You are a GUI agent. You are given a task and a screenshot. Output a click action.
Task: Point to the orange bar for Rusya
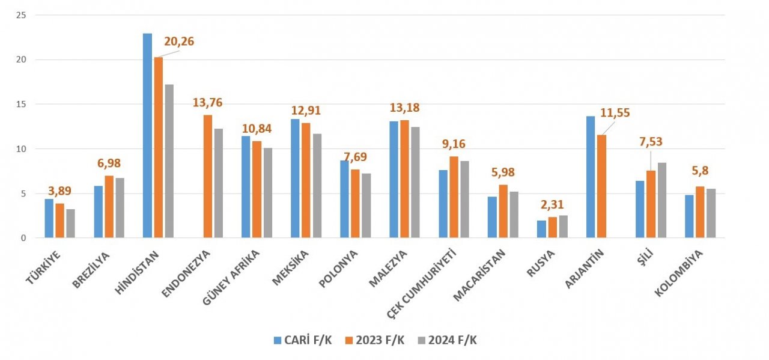click(552, 227)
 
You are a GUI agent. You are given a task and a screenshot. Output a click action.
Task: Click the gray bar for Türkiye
click(70, 223)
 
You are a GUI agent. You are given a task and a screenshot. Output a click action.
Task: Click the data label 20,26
click(179, 42)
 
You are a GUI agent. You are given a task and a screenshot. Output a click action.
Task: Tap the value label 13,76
click(207, 102)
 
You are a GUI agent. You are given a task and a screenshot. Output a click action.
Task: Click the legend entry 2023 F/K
click(374, 340)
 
